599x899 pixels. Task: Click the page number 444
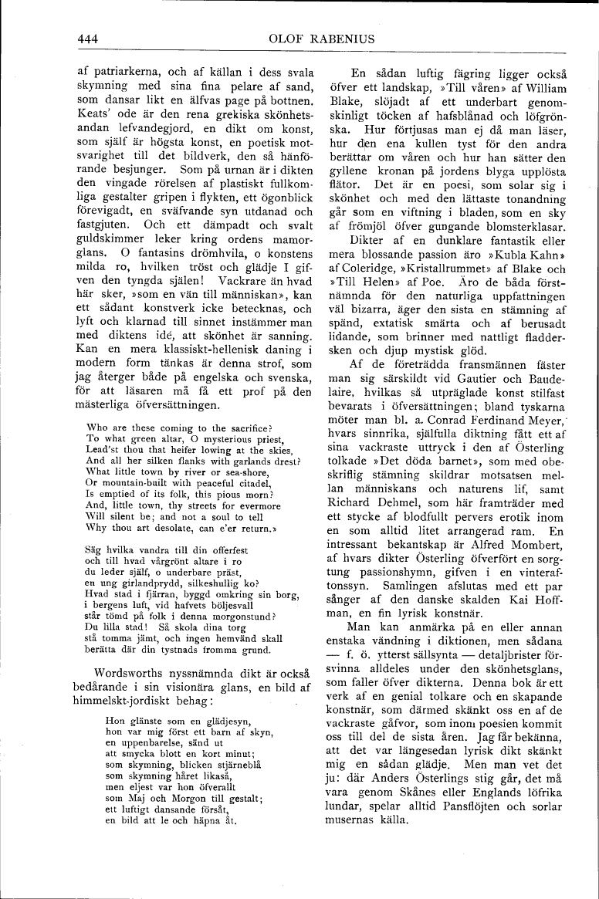tap(90, 37)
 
